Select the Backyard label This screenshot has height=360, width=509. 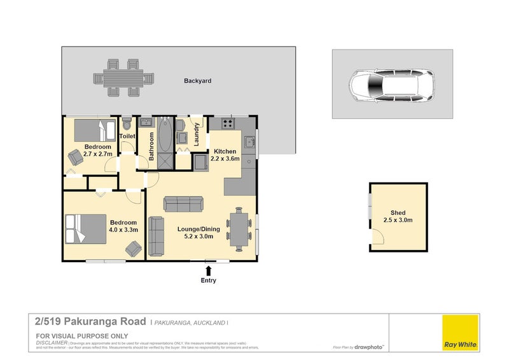tap(198, 81)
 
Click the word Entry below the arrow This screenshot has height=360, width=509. tap(208, 280)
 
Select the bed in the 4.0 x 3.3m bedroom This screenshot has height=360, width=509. tap(84, 229)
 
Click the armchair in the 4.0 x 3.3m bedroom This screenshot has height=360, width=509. tap(134, 248)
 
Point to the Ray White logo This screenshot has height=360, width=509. tap(461, 332)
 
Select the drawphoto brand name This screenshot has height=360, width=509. tap(370, 347)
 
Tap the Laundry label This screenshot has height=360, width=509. tap(197, 135)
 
